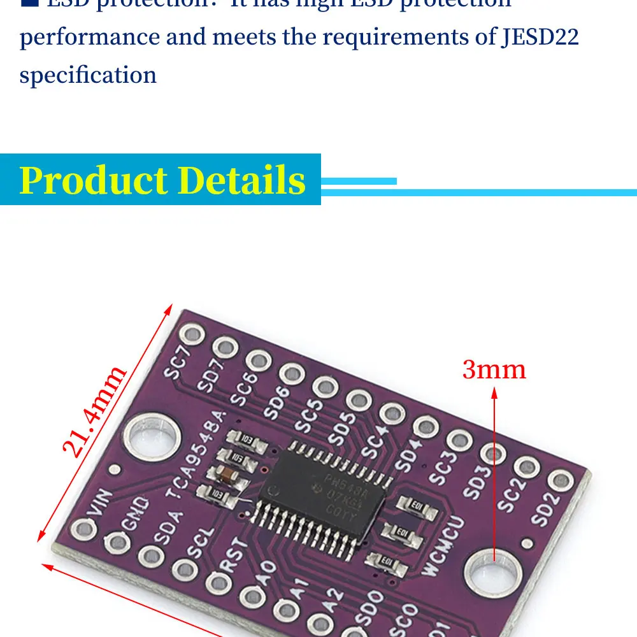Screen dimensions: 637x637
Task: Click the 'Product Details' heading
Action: [x=162, y=180]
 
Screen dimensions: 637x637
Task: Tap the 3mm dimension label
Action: [x=494, y=369]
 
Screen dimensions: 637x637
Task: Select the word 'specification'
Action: [x=88, y=75]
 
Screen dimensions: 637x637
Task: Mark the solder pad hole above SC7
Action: [x=192, y=334]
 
